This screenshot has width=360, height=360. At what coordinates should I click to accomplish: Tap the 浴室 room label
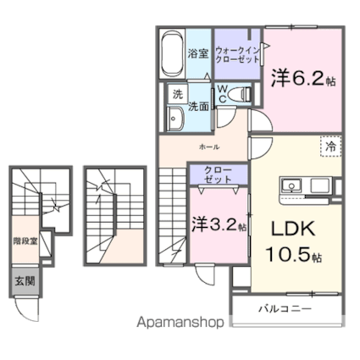coord(198,53)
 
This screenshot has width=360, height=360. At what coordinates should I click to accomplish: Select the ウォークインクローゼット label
coord(237,55)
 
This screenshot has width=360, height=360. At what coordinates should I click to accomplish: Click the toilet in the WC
coord(239,94)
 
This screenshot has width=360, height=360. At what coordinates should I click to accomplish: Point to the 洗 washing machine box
coord(178,94)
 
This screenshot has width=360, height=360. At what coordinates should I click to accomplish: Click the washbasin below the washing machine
coord(175,119)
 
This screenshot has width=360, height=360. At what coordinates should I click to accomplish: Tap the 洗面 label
coord(198,106)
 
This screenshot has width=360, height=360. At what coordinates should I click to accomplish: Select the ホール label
coord(209,147)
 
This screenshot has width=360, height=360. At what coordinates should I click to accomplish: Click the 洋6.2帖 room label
coord(303,78)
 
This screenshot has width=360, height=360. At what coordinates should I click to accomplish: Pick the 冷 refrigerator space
coord(331,146)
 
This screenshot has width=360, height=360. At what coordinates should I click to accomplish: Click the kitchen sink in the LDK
coord(291,186)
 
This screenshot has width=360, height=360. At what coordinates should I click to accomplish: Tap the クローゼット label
coord(218,174)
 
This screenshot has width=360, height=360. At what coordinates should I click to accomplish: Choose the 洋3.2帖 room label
coord(219,224)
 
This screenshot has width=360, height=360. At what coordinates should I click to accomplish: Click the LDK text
coord(293,229)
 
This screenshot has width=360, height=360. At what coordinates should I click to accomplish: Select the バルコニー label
coord(285,308)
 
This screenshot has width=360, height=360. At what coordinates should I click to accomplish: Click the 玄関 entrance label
coord(25,281)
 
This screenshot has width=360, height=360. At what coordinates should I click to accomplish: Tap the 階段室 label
coord(25,241)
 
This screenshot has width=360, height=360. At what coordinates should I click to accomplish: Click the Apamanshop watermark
coord(180,322)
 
